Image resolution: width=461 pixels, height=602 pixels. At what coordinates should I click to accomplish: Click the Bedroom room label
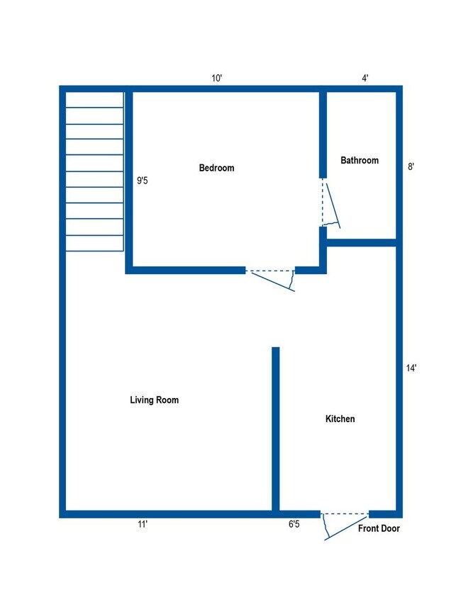216,168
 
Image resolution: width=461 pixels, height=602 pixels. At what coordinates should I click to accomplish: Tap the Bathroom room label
360,161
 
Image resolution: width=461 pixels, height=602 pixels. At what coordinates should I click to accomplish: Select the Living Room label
154,400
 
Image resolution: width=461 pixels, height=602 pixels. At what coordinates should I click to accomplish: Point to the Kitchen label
340,419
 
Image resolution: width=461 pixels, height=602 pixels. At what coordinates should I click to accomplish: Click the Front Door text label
379,528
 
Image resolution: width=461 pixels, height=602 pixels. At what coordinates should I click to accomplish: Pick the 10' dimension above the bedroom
217,78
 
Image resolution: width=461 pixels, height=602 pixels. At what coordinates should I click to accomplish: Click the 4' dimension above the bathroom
365,78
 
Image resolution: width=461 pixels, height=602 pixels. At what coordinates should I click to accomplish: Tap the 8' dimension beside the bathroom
411,167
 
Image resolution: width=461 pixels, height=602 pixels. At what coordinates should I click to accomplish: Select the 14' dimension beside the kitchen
411,368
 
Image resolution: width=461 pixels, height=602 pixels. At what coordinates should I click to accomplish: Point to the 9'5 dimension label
143,181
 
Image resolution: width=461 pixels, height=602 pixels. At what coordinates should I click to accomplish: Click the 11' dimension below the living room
143,525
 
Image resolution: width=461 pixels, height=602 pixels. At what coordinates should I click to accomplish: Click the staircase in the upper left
94,171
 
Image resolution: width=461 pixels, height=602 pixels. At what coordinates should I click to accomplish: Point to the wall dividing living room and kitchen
276,428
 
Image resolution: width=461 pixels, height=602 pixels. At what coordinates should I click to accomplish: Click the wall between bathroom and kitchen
362,243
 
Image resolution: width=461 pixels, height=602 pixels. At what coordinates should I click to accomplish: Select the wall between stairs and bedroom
129,181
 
